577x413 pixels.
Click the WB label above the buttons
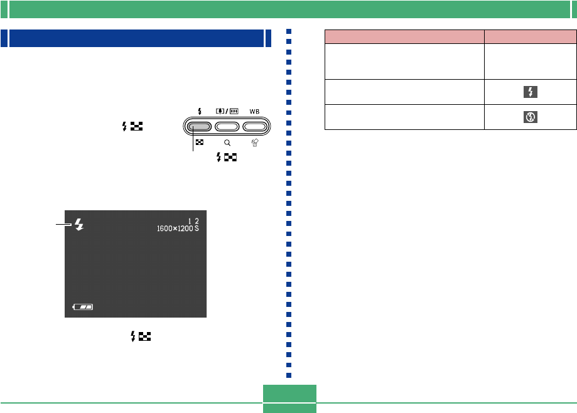(x=255, y=111)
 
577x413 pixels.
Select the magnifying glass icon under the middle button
(x=227, y=142)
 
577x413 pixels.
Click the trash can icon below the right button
(x=255, y=142)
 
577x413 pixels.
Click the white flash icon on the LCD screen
(x=78, y=224)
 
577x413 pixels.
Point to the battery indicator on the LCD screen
(x=83, y=307)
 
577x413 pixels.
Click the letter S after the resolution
(x=197, y=230)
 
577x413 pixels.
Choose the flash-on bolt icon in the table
(x=530, y=93)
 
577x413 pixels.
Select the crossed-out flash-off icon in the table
(x=530, y=117)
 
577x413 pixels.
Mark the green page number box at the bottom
(x=289, y=399)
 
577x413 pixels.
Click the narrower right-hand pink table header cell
(x=530, y=36)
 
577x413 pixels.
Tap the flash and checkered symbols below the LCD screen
(x=141, y=337)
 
